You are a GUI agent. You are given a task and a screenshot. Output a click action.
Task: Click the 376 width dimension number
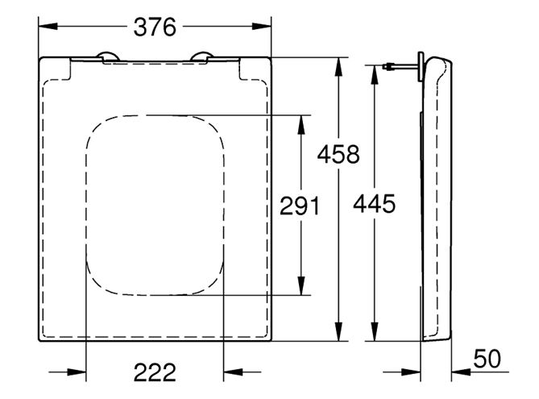pos(155,27)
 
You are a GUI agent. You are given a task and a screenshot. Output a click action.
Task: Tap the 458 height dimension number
pos(338,154)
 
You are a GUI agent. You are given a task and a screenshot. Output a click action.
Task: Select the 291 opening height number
pos(300,206)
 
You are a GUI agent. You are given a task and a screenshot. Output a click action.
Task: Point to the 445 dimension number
pos(375,204)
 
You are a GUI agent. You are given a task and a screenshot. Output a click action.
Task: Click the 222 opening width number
pos(155,372)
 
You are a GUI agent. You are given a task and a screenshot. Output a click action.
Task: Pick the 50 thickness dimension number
pos(487,359)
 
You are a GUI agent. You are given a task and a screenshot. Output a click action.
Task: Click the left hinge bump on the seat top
pos(108,56)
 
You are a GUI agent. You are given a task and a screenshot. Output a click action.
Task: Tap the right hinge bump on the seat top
pos(202,56)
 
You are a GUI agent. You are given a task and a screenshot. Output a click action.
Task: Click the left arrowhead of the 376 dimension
pos(48,26)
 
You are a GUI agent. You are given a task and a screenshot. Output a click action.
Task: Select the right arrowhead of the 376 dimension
pos(262,26)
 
